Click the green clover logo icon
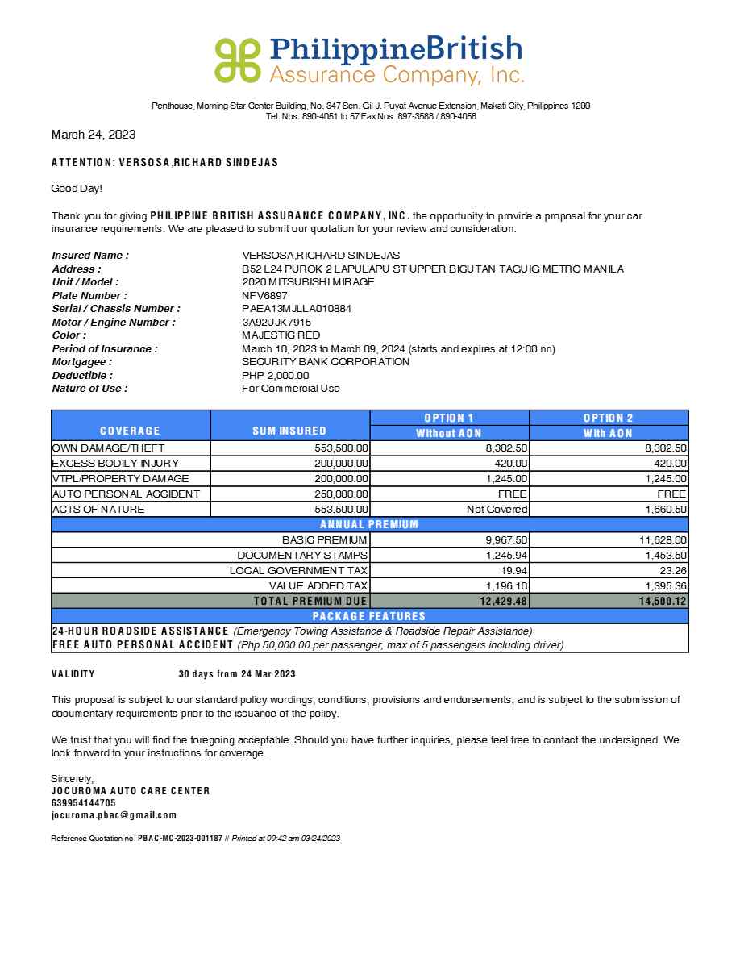click(238, 60)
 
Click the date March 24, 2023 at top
click(94, 135)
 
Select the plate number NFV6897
click(264, 295)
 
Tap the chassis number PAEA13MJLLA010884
click(297, 309)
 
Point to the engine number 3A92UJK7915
click(276, 322)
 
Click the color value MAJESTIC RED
click(281, 335)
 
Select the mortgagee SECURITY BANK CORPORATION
click(326, 362)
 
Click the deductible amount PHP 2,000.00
click(276, 375)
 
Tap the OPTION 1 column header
click(449, 418)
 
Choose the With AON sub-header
click(609, 433)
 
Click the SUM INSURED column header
click(289, 431)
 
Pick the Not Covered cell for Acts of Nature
click(497, 510)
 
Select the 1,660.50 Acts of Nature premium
click(666, 510)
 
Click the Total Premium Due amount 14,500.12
click(661, 602)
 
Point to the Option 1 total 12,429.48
click(502, 602)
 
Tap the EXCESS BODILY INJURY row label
click(115, 464)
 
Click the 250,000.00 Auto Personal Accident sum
click(341, 494)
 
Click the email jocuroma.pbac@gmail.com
click(114, 815)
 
